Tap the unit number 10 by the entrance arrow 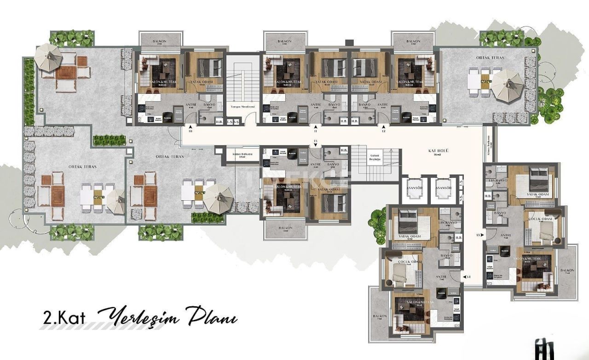[191, 131]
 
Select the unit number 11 [316, 131]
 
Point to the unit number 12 [383, 131]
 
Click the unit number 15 [315, 141]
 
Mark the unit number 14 [468, 277]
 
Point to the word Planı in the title [213, 318]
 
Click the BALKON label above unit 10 [160, 41]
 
